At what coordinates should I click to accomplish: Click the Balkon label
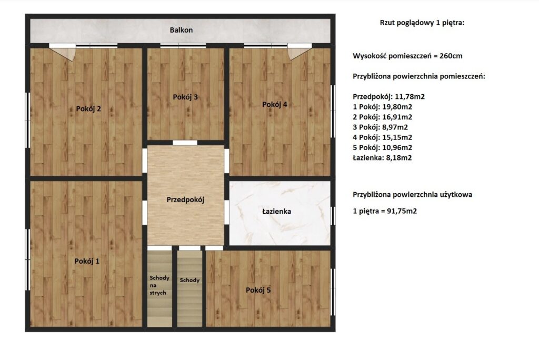[x=181, y=30]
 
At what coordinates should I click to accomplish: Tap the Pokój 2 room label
[x=88, y=108]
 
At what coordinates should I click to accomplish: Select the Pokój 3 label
[x=185, y=97]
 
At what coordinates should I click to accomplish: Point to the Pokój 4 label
[x=275, y=104]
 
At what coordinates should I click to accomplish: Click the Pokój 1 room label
[x=87, y=261]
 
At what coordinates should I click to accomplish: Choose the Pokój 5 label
[x=258, y=290]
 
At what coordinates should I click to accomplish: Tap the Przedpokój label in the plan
[x=186, y=199]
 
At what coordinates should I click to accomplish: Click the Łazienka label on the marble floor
[x=277, y=211]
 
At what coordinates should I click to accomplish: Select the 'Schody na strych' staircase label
[x=159, y=285]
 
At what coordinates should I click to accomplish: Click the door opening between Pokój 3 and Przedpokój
[x=185, y=143]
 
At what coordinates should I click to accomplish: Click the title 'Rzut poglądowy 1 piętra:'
[x=422, y=23]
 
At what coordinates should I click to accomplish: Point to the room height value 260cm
[x=451, y=56]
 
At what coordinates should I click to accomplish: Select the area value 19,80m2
[x=397, y=107]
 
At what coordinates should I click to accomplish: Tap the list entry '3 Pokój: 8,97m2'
[x=380, y=127]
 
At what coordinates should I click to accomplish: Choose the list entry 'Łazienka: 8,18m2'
[x=382, y=158]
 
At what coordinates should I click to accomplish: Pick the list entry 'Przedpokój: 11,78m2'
[x=389, y=97]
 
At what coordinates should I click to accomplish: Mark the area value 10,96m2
[x=397, y=147]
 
